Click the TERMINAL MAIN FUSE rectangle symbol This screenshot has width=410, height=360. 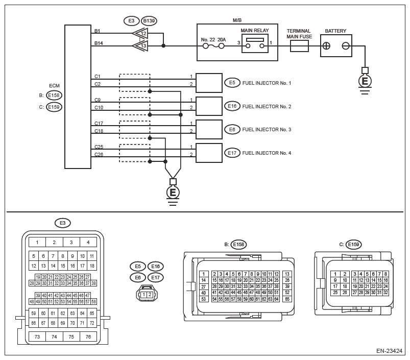click(x=299, y=46)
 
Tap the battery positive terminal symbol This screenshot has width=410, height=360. click(x=326, y=46)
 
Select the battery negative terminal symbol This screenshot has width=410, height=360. click(x=346, y=46)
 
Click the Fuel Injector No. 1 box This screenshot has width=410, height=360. click(x=209, y=83)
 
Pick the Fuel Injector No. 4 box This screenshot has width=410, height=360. click(x=209, y=153)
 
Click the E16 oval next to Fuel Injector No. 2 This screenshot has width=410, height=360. click(x=232, y=106)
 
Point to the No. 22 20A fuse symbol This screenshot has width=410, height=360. click(x=213, y=46)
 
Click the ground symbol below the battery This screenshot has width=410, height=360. click(x=365, y=81)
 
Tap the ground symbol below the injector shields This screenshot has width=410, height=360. click(x=173, y=193)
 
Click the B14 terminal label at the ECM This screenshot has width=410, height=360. click(x=99, y=43)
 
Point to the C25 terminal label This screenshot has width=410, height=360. click(x=99, y=147)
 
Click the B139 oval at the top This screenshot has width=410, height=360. click(x=149, y=20)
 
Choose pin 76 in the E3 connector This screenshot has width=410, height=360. click(x=88, y=337)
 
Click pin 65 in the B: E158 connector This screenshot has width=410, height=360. click(x=287, y=299)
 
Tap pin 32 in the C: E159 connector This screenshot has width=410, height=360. click(x=385, y=293)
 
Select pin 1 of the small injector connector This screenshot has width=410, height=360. click(x=144, y=295)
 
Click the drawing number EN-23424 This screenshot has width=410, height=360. click(x=389, y=351)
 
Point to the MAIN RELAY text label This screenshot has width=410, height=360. click(x=255, y=30)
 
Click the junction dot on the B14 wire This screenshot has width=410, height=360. click(x=163, y=46)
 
